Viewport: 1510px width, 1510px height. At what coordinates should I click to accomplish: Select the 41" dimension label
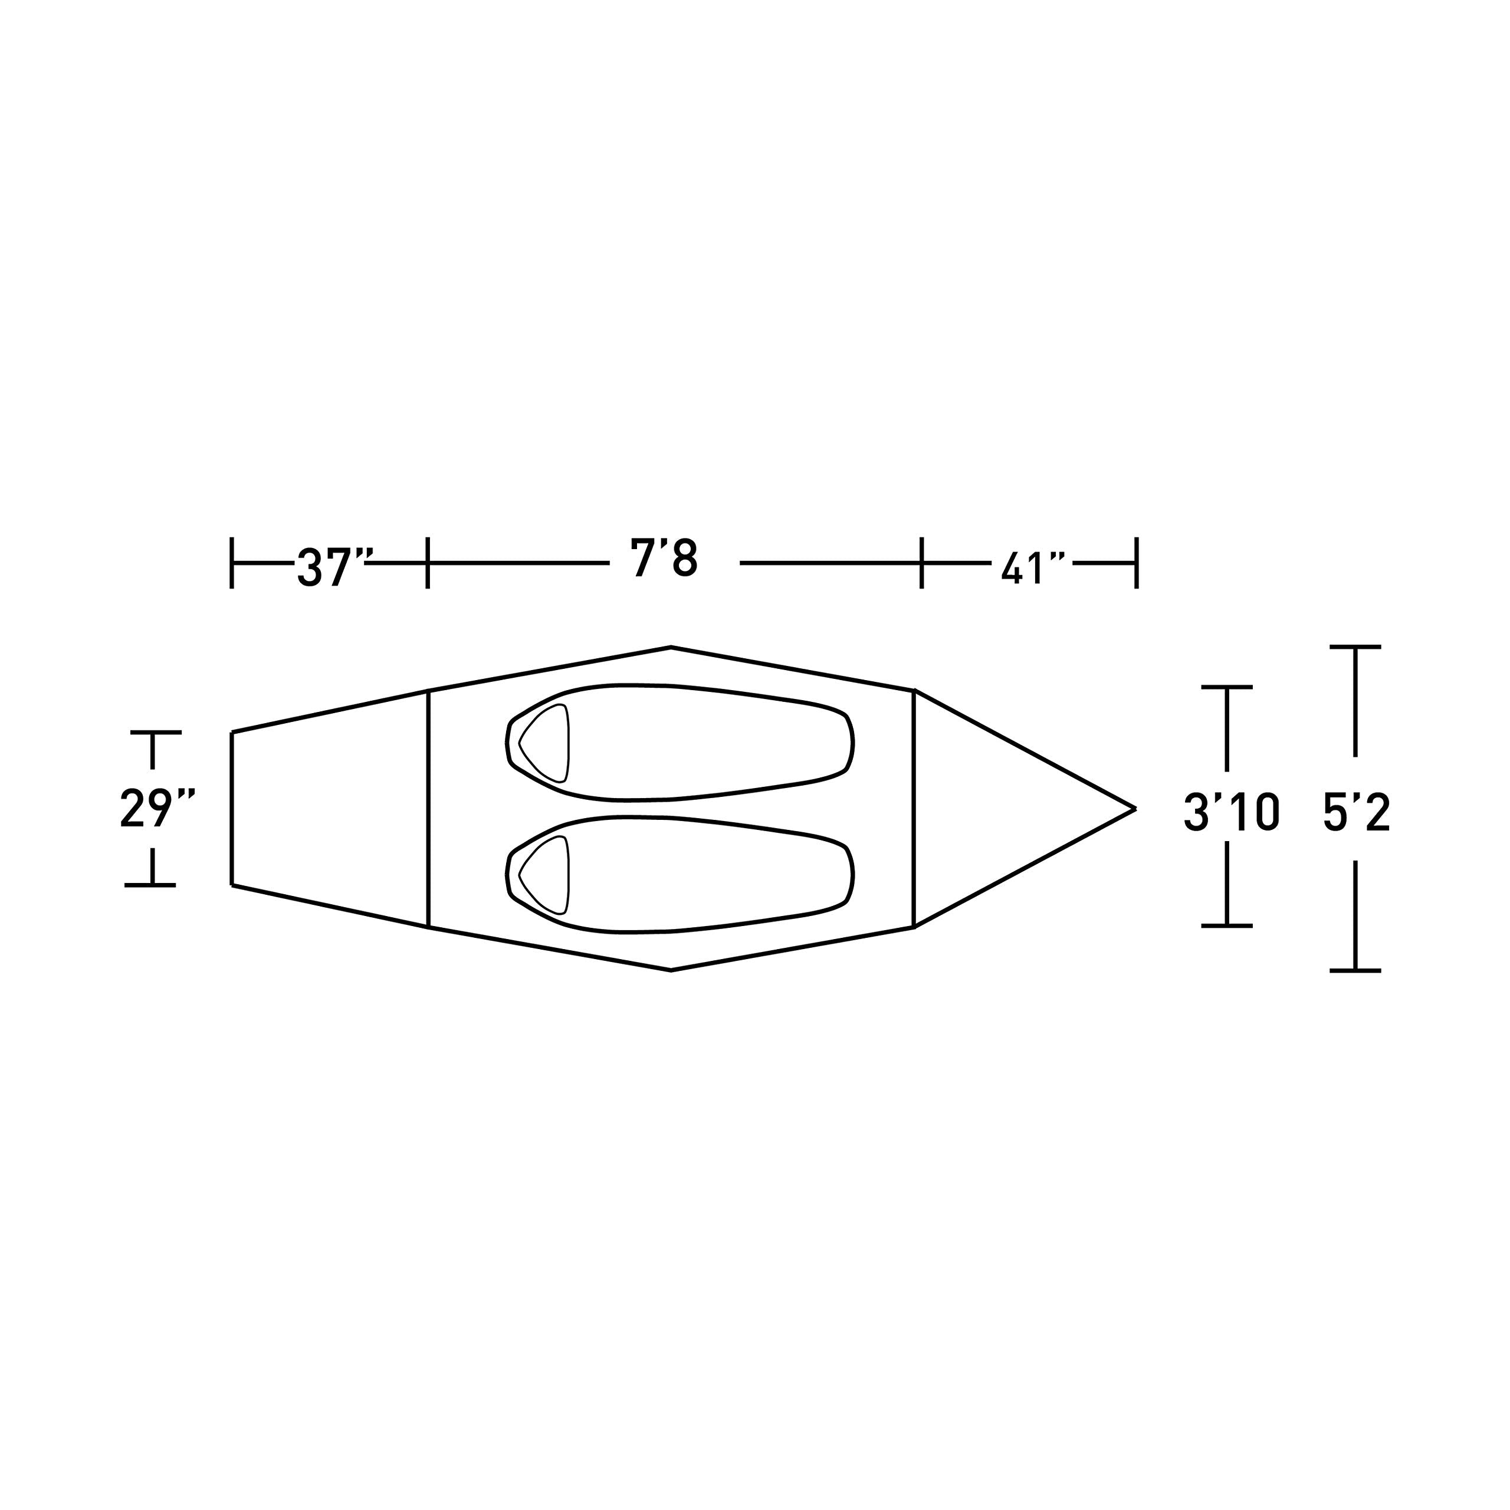[1034, 569]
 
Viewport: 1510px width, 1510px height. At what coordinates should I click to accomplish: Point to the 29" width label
[156, 808]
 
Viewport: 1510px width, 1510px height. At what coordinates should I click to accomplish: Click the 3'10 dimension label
[1231, 813]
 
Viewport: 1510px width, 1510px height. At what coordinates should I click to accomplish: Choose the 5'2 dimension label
[1357, 813]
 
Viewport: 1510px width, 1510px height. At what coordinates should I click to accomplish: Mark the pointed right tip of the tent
[1135, 808]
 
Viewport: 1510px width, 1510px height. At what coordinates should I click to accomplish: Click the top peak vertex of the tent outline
[671, 647]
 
